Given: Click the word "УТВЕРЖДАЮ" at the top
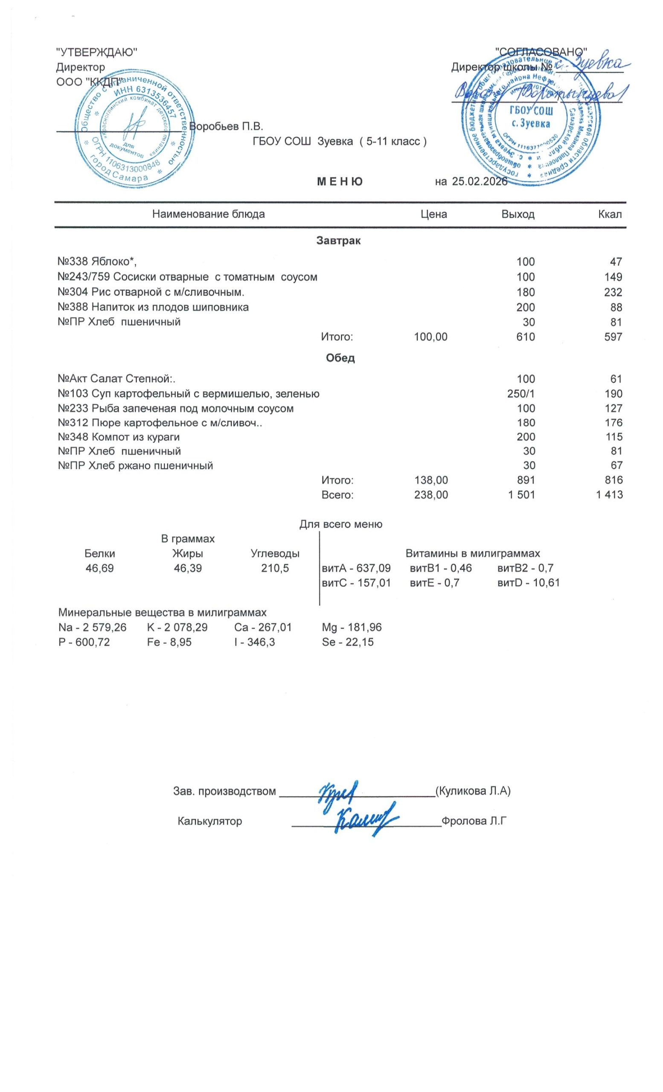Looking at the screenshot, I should [x=96, y=52].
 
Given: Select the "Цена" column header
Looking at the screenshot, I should [x=433, y=215].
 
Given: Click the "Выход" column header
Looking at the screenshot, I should [x=518, y=215].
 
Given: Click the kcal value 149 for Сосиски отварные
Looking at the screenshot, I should [x=614, y=277].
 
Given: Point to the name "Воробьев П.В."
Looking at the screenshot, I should [x=226, y=126].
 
